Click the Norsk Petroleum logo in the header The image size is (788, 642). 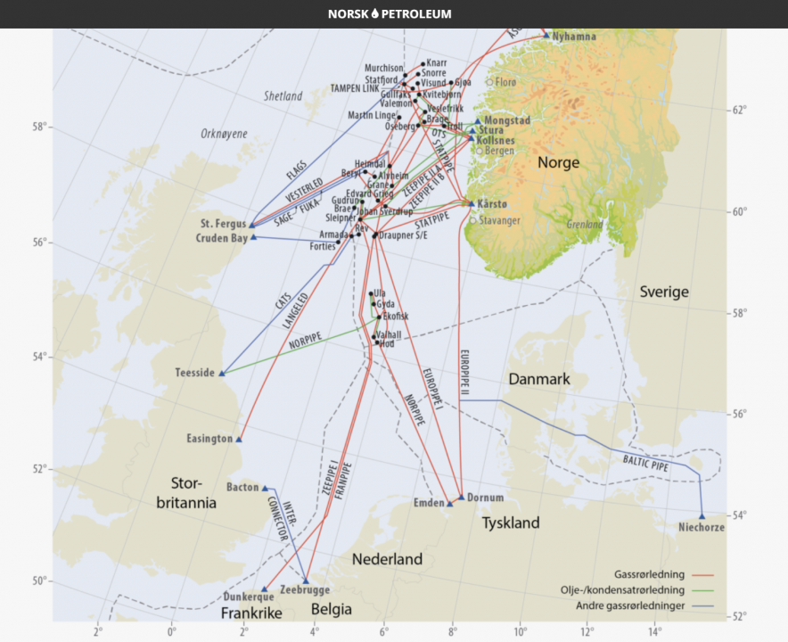pos(390,13)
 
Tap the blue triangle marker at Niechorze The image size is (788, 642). pos(702,515)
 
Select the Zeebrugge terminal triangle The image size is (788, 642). pos(306,581)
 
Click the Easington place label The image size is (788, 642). pos(209,439)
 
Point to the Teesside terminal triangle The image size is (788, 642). pos(222,373)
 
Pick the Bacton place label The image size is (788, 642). pos(242,488)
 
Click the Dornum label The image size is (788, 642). pos(486,498)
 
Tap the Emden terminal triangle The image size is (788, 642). pos(450,504)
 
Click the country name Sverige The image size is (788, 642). pos(664,292)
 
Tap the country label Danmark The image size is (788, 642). pos(538,379)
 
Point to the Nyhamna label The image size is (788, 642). pos(574,37)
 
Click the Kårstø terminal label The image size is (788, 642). pos(492,204)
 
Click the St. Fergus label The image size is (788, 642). pos(221,224)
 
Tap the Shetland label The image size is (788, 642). pos(283,95)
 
